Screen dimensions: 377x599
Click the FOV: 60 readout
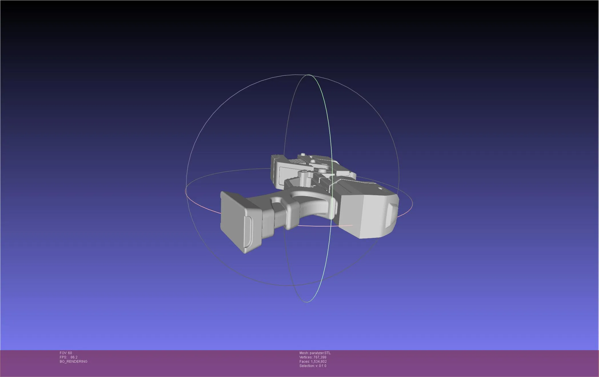click(x=66, y=353)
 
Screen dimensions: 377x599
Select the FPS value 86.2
click(x=74, y=357)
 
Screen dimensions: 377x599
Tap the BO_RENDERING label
click(x=73, y=362)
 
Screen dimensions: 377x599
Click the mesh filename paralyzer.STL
click(x=320, y=353)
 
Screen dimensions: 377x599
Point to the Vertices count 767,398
click(x=320, y=357)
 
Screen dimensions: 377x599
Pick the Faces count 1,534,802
click(x=318, y=362)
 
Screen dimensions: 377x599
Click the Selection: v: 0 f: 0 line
click(x=313, y=366)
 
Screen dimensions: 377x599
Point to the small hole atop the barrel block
click(x=380, y=189)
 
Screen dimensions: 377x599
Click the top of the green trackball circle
click(x=308, y=75)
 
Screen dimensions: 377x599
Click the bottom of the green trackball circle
click(x=307, y=302)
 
